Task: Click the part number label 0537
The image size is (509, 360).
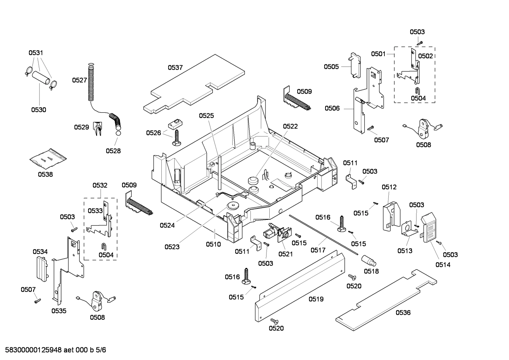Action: pyautogui.click(x=175, y=67)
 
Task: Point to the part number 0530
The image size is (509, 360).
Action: pyautogui.click(x=38, y=110)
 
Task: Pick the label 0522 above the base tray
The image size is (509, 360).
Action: pyautogui.click(x=290, y=126)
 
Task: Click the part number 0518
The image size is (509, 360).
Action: pyautogui.click(x=371, y=271)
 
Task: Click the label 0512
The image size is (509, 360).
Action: pyautogui.click(x=389, y=187)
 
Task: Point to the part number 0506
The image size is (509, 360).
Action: pyautogui.click(x=332, y=108)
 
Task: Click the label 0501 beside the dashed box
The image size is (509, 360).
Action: pyautogui.click(x=378, y=54)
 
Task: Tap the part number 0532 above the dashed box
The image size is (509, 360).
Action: pyautogui.click(x=100, y=185)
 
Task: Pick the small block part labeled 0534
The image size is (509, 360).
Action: pyautogui.click(x=42, y=269)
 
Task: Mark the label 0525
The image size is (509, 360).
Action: pyautogui.click(x=206, y=116)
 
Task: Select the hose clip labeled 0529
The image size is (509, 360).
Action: pyautogui.click(x=98, y=128)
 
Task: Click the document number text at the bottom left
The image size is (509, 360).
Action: pyautogui.click(x=53, y=350)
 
